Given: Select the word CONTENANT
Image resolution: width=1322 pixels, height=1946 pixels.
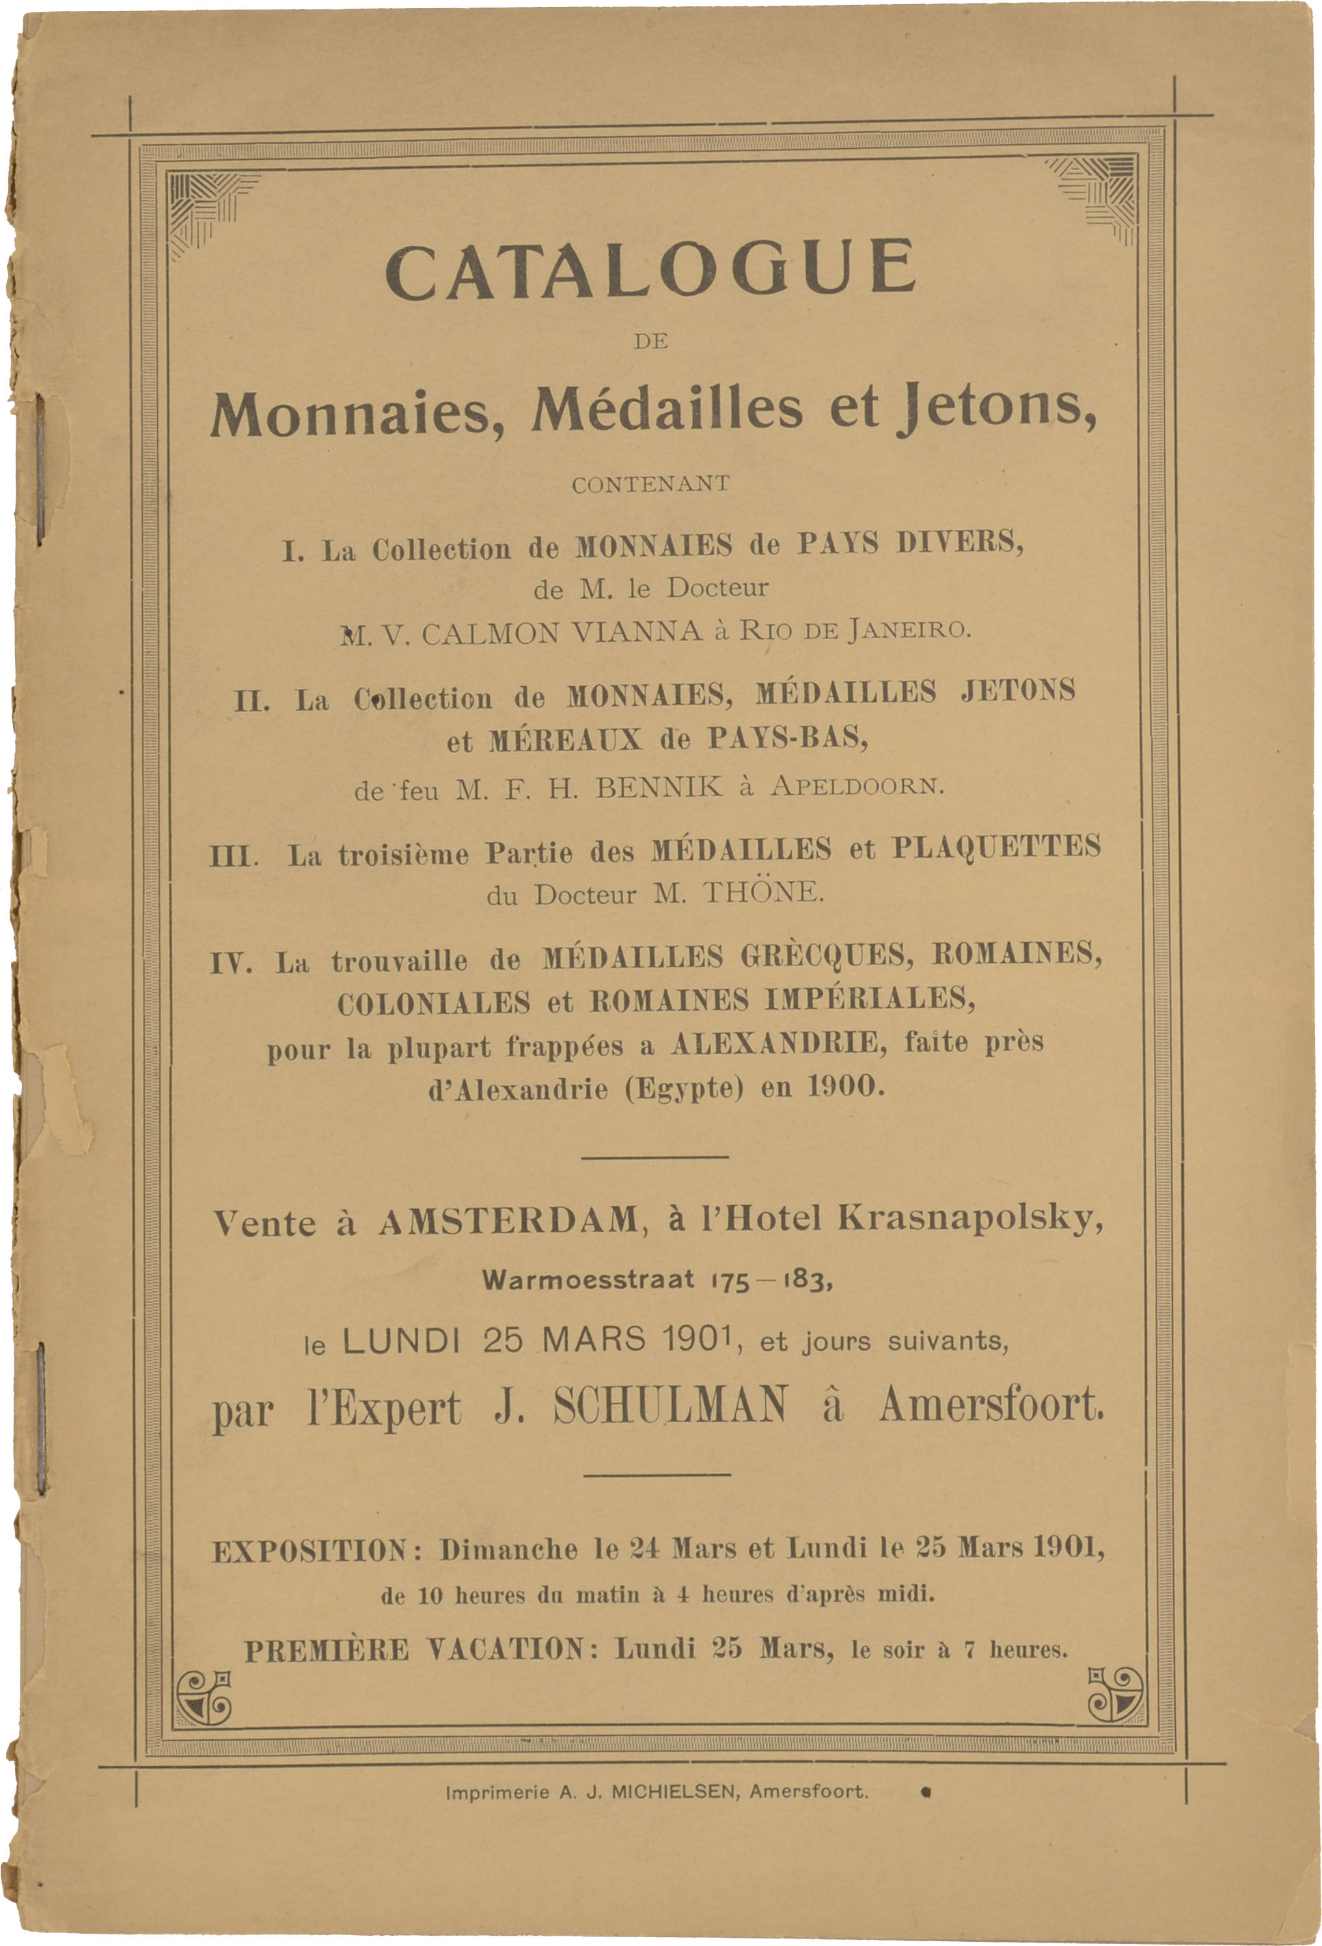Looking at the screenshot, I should [x=650, y=484].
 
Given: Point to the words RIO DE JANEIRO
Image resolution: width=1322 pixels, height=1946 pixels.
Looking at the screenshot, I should [x=855, y=629].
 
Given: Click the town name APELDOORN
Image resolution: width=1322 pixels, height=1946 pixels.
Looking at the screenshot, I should [x=857, y=787].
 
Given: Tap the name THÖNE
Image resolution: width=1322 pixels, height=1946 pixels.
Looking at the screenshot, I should [x=762, y=892].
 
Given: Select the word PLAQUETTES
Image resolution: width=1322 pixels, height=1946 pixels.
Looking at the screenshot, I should [x=996, y=847].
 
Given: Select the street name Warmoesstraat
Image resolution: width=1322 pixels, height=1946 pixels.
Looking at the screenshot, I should [x=588, y=1280].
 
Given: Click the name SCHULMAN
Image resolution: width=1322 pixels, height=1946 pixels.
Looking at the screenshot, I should [x=670, y=1406].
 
